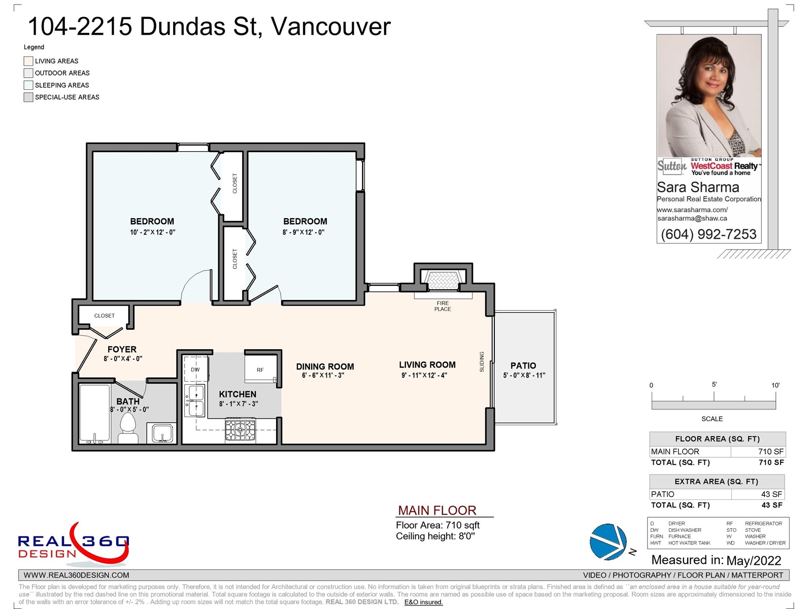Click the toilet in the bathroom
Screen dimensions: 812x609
pyautogui.click(x=127, y=428)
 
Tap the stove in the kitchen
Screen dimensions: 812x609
pyautogui.click(x=241, y=429)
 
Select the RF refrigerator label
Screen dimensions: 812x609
pyautogui.click(x=260, y=370)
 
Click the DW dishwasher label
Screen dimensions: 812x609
pyautogui.click(x=195, y=369)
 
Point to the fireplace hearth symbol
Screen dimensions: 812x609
pyautogui.click(x=443, y=280)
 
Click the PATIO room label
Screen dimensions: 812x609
pyautogui.click(x=523, y=366)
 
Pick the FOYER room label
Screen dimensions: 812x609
pyautogui.click(x=122, y=350)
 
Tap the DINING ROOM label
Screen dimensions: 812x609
pyautogui.click(x=325, y=366)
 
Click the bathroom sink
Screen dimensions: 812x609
pyautogui.click(x=162, y=432)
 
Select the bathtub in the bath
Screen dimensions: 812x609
pyautogui.click(x=95, y=414)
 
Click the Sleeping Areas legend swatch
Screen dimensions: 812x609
pyautogui.click(x=28, y=85)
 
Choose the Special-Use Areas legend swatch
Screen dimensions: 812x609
pyautogui.click(x=28, y=97)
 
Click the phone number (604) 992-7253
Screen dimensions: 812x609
pyautogui.click(x=708, y=234)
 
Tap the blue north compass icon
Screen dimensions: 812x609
pyautogui.click(x=608, y=542)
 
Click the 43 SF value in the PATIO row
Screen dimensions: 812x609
pyautogui.click(x=771, y=494)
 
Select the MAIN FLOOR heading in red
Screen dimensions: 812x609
pyautogui.click(x=437, y=511)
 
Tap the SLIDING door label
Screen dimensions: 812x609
pyautogui.click(x=482, y=362)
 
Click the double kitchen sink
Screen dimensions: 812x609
pyautogui.click(x=195, y=401)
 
